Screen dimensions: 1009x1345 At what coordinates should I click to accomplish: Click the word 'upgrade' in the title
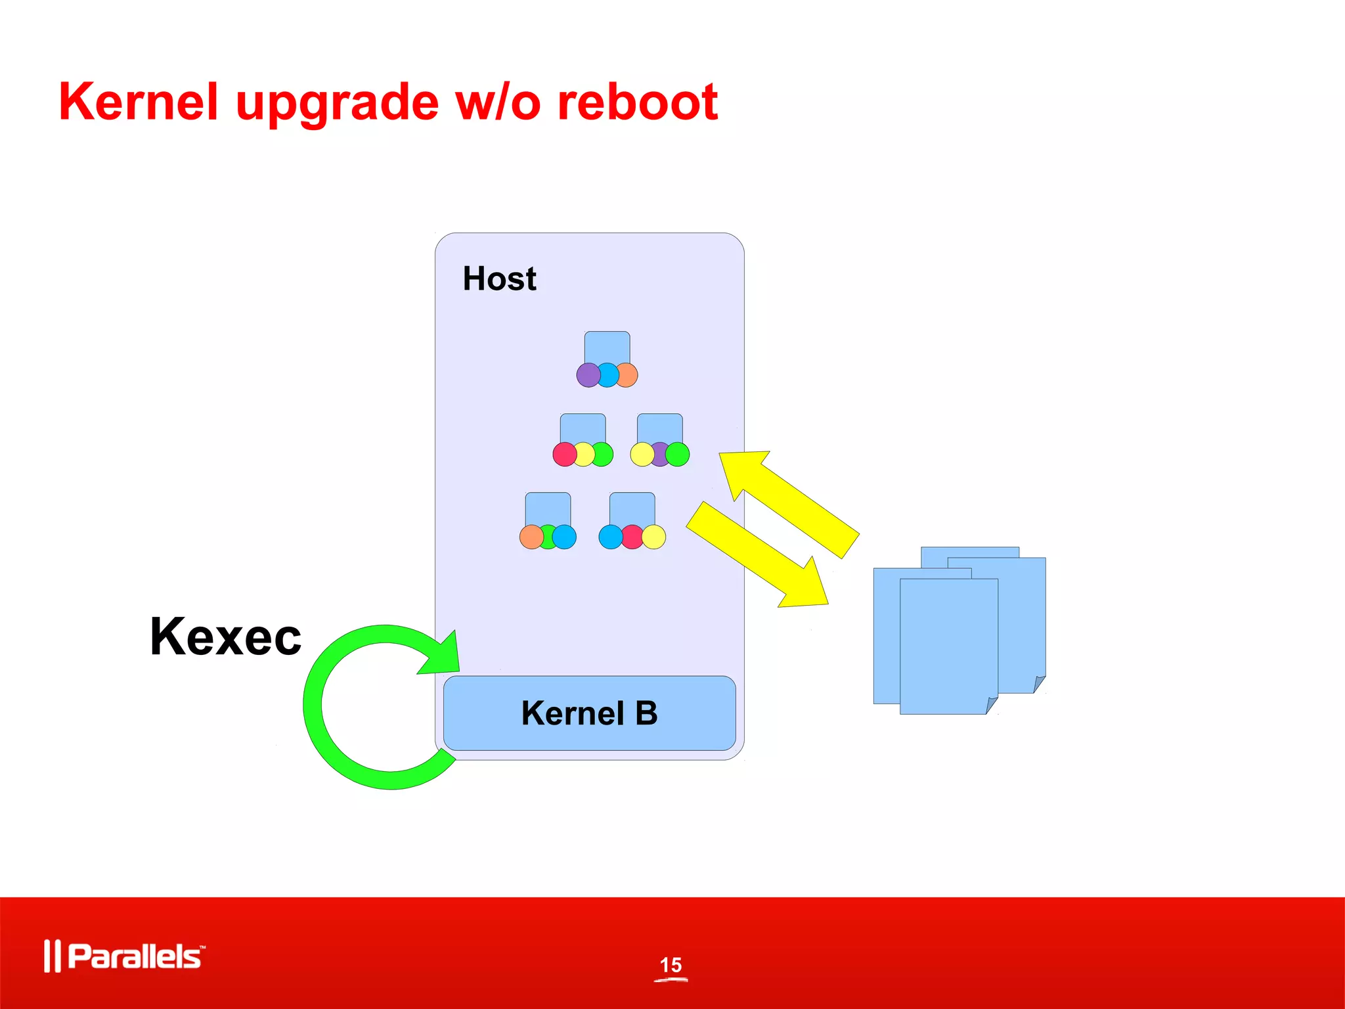(x=337, y=103)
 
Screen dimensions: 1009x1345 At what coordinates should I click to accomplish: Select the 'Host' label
(x=499, y=279)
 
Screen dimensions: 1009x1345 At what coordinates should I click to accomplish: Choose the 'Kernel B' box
(x=589, y=713)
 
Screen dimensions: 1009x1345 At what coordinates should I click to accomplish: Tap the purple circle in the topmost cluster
(x=588, y=375)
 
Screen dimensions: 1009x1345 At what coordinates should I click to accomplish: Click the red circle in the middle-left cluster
(x=564, y=454)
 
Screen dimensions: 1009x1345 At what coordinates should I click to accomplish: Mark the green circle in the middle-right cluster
(x=678, y=454)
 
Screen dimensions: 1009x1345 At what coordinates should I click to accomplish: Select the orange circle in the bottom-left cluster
(x=531, y=537)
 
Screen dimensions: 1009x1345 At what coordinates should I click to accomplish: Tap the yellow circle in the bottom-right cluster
(x=654, y=537)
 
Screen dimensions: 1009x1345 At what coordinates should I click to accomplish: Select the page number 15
(x=671, y=965)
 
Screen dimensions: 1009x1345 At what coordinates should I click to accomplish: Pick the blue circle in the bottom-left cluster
(x=565, y=537)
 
